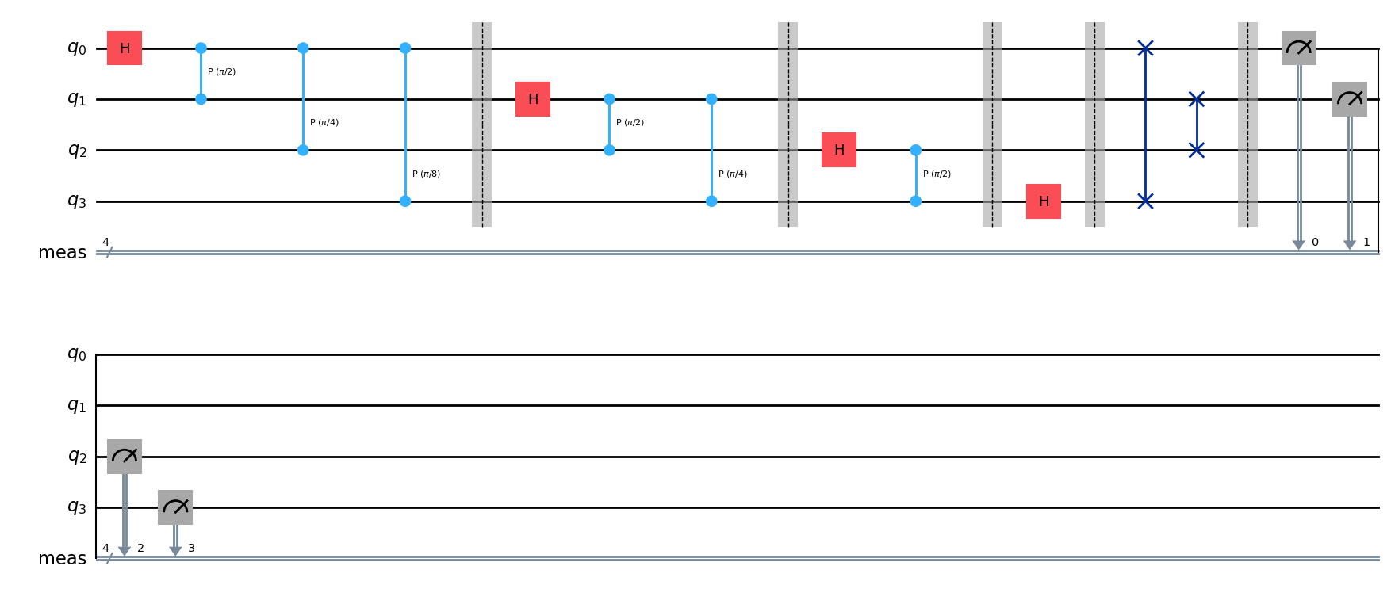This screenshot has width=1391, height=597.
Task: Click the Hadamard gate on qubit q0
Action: click(125, 48)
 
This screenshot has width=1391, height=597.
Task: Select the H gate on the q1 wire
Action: click(533, 99)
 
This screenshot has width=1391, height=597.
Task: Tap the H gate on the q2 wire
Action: click(839, 150)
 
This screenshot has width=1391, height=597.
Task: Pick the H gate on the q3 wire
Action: click(1044, 201)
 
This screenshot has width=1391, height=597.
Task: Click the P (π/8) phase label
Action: click(426, 174)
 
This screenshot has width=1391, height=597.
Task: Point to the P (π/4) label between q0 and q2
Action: click(324, 123)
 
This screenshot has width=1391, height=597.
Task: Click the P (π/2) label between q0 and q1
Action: click(221, 72)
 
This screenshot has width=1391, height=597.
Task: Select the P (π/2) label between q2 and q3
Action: click(937, 174)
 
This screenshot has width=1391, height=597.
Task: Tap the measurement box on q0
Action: click(1299, 48)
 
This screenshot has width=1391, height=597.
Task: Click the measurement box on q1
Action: click(1350, 99)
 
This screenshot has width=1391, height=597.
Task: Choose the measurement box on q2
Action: click(125, 457)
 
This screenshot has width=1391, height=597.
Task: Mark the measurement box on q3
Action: click(175, 507)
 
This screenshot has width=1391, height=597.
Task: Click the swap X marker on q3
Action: click(1145, 201)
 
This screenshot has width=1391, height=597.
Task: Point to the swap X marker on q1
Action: click(1197, 99)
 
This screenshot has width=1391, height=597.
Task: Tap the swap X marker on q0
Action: click(1145, 48)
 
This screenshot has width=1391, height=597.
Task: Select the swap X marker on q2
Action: click(1197, 150)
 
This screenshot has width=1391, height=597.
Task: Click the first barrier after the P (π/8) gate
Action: click(481, 124)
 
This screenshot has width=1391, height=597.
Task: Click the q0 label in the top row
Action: click(76, 48)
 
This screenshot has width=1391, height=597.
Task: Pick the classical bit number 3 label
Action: click(191, 549)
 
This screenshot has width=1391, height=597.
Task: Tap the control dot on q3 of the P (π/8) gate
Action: click(405, 201)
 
